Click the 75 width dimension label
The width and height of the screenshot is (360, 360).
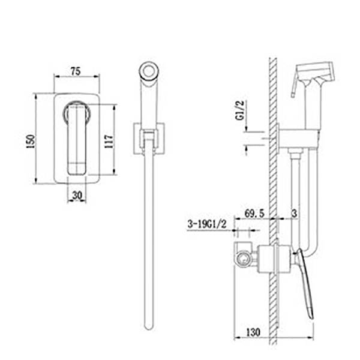point(76,71)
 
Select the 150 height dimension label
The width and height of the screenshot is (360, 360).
point(31,142)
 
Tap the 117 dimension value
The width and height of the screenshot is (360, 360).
point(109,142)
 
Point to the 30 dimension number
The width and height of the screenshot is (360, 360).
point(77,196)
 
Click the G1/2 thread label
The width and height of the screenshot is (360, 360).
point(239,110)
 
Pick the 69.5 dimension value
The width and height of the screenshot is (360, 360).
point(254,214)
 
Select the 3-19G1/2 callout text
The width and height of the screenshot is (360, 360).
point(207,224)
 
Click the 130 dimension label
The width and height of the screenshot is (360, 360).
point(253,332)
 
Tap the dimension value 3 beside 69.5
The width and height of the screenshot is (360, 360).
point(294,214)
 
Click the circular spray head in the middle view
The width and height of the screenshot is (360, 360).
point(149,70)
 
